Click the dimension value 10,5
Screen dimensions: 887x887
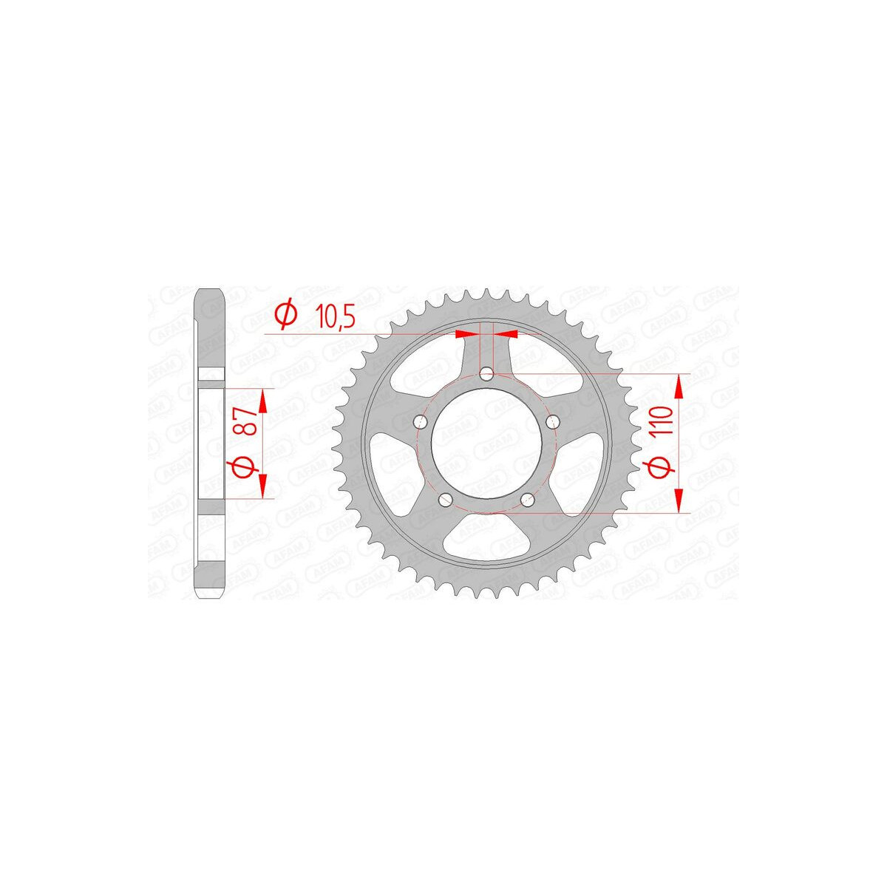(335, 316)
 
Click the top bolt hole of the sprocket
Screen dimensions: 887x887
(486, 374)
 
